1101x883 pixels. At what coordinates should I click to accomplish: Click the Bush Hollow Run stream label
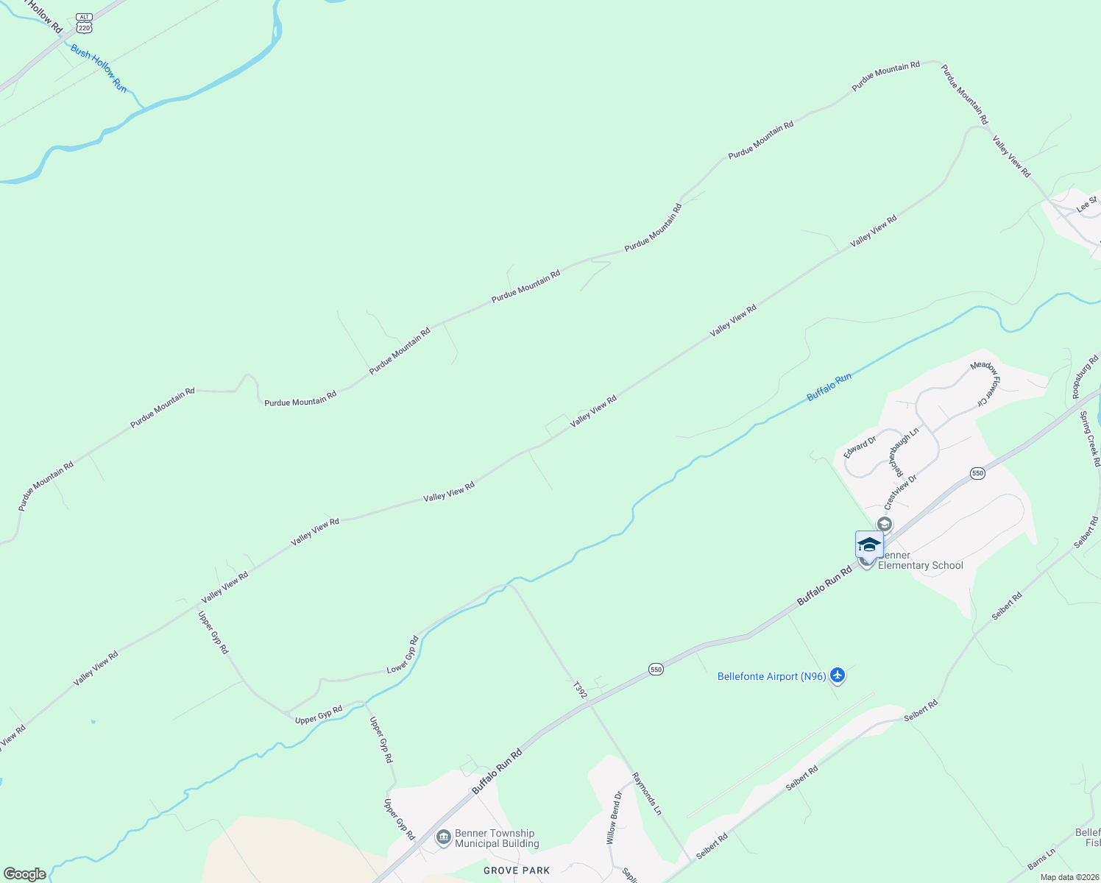[99, 68]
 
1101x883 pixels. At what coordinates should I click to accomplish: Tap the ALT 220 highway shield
[84, 24]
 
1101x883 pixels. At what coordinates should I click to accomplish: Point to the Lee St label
[1087, 204]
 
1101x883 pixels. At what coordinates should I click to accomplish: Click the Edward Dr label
[860, 447]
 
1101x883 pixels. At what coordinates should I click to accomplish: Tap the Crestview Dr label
[900, 492]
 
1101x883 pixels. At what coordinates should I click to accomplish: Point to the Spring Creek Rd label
[1090, 439]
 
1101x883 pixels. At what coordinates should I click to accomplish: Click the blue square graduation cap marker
[869, 545]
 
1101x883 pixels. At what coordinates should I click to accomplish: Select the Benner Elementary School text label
[920, 561]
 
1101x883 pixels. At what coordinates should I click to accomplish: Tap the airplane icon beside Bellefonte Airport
[837, 675]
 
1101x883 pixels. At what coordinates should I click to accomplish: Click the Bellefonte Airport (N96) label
[771, 676]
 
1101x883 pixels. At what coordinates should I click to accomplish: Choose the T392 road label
[580, 689]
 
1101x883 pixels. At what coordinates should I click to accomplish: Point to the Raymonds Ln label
[648, 793]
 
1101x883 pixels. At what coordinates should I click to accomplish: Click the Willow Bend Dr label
[614, 818]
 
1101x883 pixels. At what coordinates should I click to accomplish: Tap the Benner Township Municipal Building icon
[444, 838]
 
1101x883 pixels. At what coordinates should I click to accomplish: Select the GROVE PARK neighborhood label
[517, 870]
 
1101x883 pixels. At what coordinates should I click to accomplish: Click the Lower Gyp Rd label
[403, 655]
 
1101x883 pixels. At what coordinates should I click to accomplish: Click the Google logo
[25, 874]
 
